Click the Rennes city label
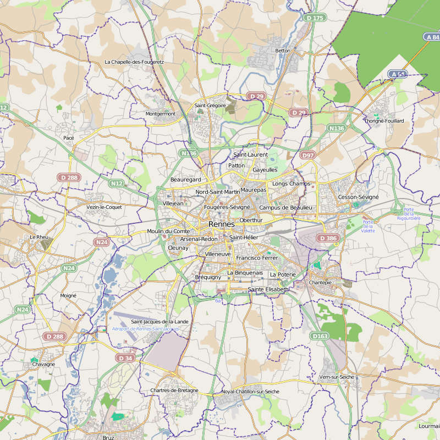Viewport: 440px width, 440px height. [x=221, y=224]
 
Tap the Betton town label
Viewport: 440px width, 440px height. [x=282, y=51]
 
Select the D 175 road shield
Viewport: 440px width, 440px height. [x=315, y=18]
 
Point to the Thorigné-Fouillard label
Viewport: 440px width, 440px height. [x=384, y=120]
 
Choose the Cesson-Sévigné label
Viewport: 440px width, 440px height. [x=358, y=197]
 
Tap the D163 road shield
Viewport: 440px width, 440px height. [x=320, y=335]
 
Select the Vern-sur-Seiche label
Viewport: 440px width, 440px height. [x=337, y=377]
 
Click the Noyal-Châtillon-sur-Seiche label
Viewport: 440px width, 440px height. [x=250, y=392]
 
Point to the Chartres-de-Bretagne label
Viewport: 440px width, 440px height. [x=174, y=391]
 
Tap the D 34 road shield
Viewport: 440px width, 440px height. [x=125, y=358]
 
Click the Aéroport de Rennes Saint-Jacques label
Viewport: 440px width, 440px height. [x=145, y=329]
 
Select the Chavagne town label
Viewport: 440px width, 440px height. [x=43, y=364]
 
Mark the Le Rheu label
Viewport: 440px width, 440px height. [x=40, y=237]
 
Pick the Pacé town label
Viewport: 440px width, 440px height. [x=69, y=137]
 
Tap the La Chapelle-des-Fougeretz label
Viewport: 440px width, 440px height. [x=134, y=62]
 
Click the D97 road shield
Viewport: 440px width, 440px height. [x=307, y=156]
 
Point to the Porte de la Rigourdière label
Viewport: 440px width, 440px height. [x=409, y=213]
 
